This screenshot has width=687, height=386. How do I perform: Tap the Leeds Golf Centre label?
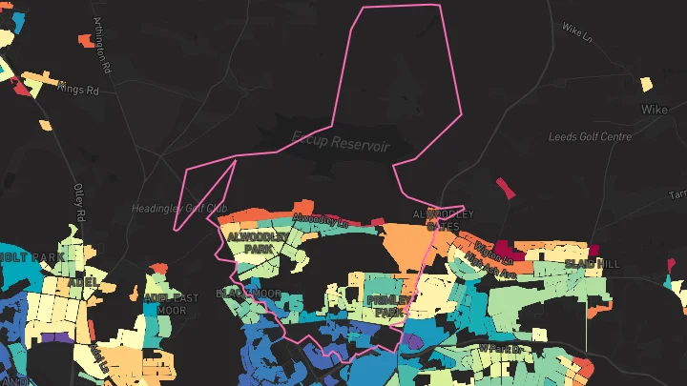point(590,136)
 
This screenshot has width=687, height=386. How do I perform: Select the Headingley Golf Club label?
point(179,209)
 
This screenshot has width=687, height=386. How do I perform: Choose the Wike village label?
point(654,110)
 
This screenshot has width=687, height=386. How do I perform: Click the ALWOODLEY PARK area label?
point(251,240)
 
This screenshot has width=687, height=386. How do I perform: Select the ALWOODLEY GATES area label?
point(442,219)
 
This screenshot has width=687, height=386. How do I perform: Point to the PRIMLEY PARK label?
point(388,305)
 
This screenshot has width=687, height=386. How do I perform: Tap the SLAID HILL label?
point(592,262)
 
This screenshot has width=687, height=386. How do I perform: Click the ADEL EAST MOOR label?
point(171,303)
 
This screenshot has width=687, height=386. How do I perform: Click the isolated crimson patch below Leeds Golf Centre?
point(505,187)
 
